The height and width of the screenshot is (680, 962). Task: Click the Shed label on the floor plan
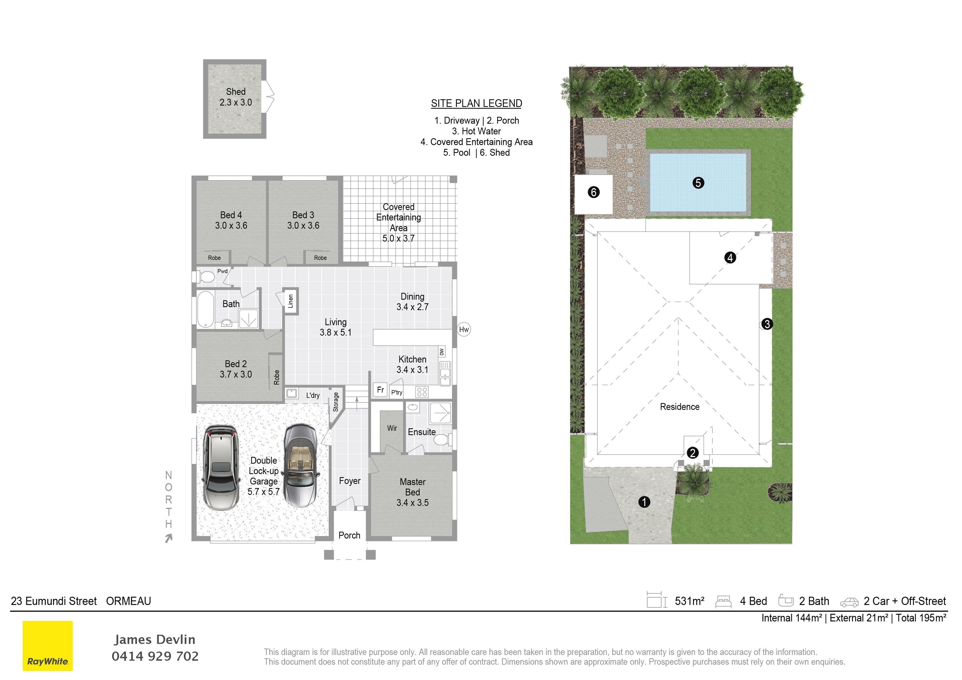point(236,92)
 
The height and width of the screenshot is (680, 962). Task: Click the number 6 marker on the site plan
point(594,192)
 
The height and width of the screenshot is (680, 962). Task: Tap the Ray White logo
point(48,646)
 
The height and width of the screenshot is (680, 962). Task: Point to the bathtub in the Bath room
point(205,309)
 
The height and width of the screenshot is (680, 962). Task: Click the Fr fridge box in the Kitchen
point(380,390)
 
